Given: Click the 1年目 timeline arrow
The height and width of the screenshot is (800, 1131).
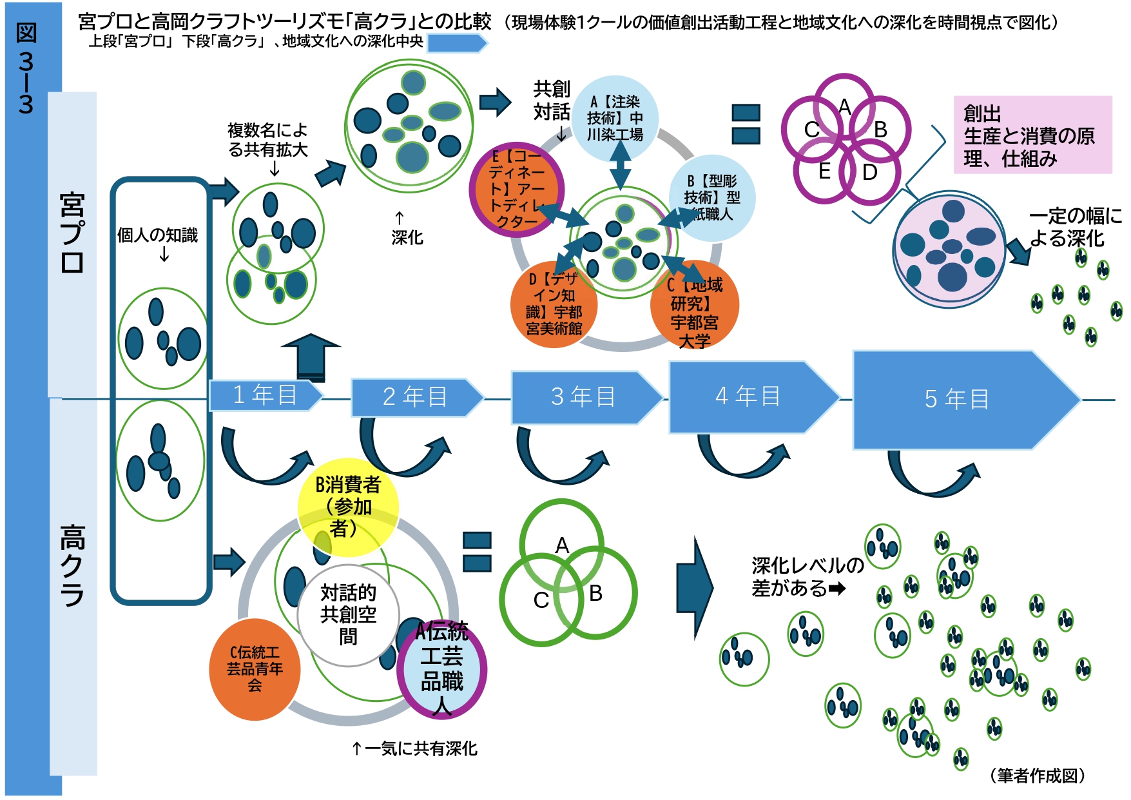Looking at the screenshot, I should (265, 395).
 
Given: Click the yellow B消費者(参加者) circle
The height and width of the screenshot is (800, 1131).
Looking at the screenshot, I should (348, 507).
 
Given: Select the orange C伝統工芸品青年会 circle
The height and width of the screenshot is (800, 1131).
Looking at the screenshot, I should (255, 669).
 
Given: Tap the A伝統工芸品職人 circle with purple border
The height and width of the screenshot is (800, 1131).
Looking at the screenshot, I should (442, 669).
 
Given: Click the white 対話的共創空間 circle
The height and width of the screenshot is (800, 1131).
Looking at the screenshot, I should (348, 615).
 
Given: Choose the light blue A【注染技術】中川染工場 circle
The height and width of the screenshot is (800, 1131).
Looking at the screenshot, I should (615, 118).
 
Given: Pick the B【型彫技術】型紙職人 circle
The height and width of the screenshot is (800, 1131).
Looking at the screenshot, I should (711, 197).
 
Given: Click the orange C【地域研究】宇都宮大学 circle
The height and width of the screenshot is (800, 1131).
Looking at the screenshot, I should (695, 304).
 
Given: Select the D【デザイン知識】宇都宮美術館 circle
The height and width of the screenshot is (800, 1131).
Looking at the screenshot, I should (554, 304).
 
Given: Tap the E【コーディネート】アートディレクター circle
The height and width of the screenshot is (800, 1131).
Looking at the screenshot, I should (516, 190).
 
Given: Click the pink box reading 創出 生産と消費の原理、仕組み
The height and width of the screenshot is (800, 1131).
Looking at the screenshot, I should (1032, 135).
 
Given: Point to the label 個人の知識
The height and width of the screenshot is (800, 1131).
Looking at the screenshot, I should (157, 236).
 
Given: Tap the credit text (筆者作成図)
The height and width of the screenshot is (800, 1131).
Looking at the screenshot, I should (1038, 776).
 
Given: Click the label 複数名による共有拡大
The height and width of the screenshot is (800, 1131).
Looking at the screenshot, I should (268, 140).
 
